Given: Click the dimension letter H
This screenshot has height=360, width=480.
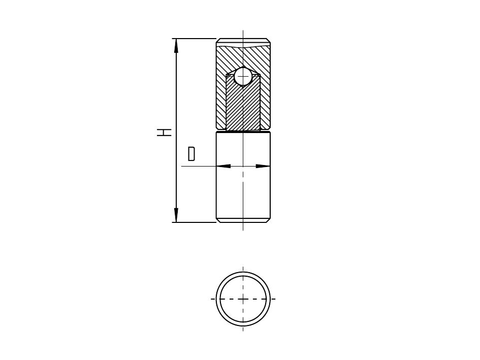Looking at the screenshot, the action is (x=164, y=132).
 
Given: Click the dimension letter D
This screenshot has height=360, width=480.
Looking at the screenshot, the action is (x=191, y=154).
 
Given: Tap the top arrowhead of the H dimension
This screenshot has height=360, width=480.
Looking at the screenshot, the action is (x=176, y=46).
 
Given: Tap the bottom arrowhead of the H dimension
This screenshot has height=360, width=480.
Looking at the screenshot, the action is (x=176, y=215).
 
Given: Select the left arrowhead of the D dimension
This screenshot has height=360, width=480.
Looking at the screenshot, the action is (x=223, y=166).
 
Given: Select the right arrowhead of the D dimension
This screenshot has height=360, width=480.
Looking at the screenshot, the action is (x=263, y=166).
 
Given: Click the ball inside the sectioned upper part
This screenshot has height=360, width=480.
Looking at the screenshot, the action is (x=243, y=76).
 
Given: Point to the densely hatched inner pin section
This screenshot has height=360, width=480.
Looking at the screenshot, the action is (x=243, y=104).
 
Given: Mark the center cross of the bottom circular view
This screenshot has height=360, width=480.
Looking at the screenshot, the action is (x=243, y=299).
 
